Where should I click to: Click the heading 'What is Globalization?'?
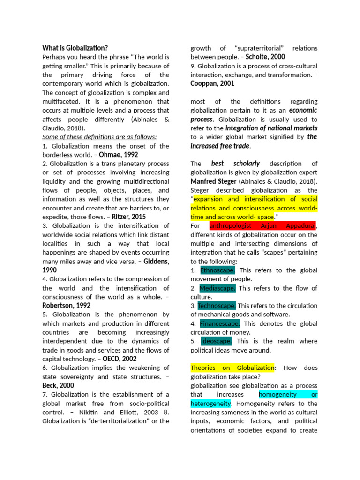point(75,48)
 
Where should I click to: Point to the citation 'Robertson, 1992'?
point(66,305)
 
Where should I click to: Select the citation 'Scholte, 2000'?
point(265,57)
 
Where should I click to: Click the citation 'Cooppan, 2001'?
point(212,83)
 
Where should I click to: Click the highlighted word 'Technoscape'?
point(217,306)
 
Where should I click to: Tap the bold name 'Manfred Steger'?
point(213,181)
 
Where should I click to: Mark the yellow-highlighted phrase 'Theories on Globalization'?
point(232,367)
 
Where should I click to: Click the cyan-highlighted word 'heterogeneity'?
point(210,403)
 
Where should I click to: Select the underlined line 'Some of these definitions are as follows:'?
point(99,137)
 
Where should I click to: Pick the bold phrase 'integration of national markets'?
point(271,128)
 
